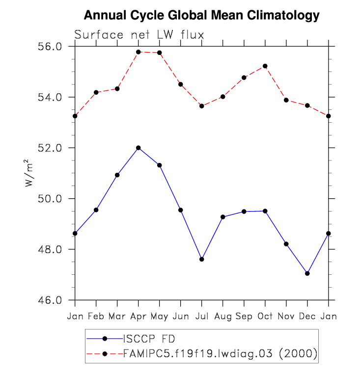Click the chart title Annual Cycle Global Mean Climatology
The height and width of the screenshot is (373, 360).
point(201,16)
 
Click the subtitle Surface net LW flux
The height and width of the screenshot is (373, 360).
point(139,35)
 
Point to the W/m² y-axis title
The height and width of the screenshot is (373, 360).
point(29,173)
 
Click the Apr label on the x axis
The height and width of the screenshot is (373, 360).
point(138,317)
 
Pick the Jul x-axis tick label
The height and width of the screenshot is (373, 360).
point(202,317)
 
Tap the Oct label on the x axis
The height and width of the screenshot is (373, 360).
point(265,317)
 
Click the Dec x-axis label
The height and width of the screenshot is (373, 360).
point(307,317)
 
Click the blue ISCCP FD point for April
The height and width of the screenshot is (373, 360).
point(138,148)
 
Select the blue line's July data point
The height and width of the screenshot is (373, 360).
point(202,259)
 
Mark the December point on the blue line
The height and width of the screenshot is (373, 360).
point(307,273)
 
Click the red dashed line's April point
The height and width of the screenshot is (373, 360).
point(138,52)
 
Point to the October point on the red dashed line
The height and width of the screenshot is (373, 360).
point(265,66)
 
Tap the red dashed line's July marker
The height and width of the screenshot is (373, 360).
point(202,106)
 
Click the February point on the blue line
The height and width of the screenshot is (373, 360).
point(96,210)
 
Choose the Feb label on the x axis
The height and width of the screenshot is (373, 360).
point(96,317)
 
